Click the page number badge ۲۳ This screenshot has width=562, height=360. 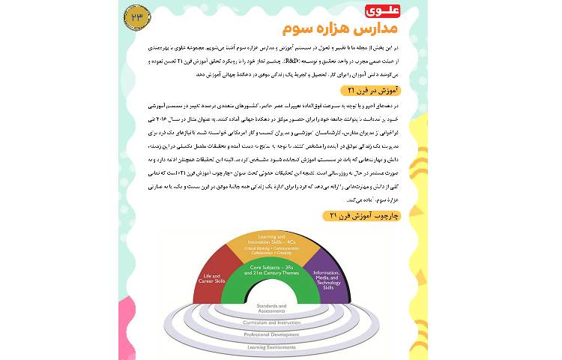pyautogui.click(x=138, y=16)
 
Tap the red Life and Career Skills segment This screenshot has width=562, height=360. pyautogui.click(x=209, y=277)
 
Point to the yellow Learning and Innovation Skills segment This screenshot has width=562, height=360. pyautogui.click(x=271, y=244)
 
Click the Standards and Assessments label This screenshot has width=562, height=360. pyautogui.click(x=271, y=308)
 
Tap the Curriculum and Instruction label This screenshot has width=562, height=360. pyautogui.click(x=271, y=322)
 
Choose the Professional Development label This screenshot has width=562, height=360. pyautogui.click(x=271, y=334)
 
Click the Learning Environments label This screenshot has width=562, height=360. pyautogui.click(x=271, y=347)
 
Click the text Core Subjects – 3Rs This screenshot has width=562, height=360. pyautogui.click(x=271, y=267)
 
